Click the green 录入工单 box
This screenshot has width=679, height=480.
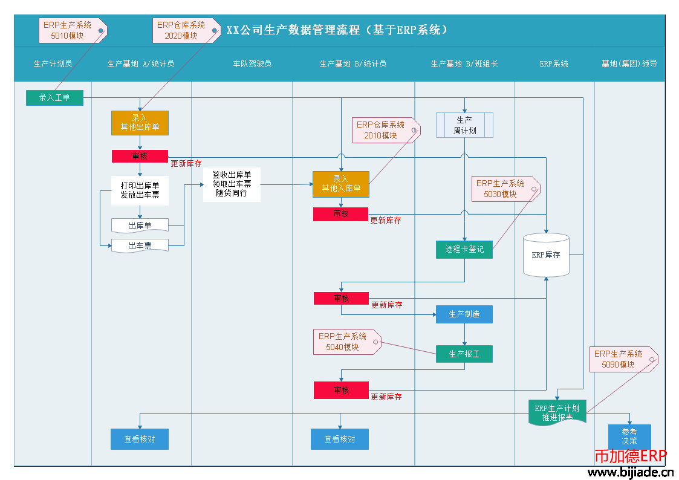pos(54,97)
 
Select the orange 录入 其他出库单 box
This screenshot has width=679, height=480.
pos(140,123)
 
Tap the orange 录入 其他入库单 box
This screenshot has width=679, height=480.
pos(340,184)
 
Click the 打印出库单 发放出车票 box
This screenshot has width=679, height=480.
pos(140,190)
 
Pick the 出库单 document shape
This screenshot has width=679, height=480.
pos(140,225)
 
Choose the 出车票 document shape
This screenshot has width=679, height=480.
pos(140,245)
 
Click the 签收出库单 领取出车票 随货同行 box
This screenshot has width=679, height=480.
pos(232,184)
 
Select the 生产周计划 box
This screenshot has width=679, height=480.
pos(464,125)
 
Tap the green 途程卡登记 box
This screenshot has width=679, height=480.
pos(464,249)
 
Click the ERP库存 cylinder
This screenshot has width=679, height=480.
pos(547,255)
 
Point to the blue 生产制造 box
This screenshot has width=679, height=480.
pos(464,314)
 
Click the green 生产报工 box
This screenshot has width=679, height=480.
pos(464,354)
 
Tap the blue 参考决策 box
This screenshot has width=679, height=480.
pos(629,436)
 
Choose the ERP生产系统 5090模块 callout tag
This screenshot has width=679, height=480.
pos(620,359)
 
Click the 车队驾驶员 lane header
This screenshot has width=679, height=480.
pos(252,63)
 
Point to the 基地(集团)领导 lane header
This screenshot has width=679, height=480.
pos(629,63)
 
